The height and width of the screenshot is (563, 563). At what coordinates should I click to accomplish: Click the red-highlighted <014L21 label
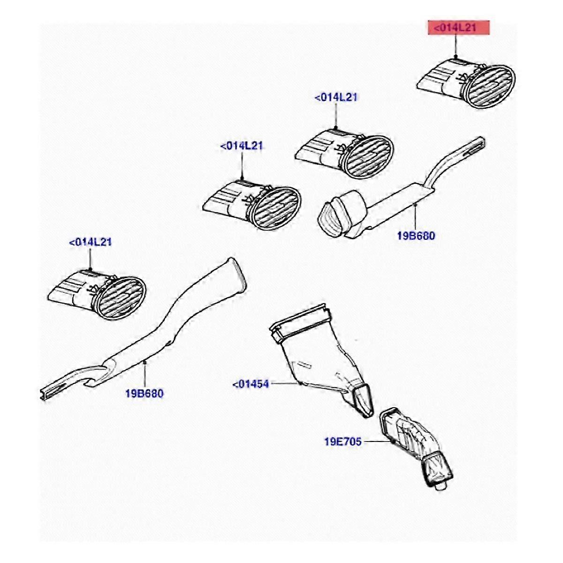coord(455,28)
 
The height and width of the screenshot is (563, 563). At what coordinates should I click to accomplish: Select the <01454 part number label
coord(251,385)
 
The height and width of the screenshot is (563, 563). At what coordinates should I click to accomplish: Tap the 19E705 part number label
coord(343,441)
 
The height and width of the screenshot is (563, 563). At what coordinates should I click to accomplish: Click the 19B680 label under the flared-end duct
coord(145,393)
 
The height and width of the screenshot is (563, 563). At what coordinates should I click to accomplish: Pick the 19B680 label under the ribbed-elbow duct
coord(416,236)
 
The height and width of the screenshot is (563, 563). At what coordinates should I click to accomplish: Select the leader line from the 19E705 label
coord(378,441)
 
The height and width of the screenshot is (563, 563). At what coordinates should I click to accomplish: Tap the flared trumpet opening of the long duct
coord(237,277)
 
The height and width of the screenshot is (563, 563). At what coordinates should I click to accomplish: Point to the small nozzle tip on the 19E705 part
coord(439,487)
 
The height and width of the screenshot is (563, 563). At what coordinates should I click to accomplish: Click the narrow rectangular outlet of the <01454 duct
coord(364,399)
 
